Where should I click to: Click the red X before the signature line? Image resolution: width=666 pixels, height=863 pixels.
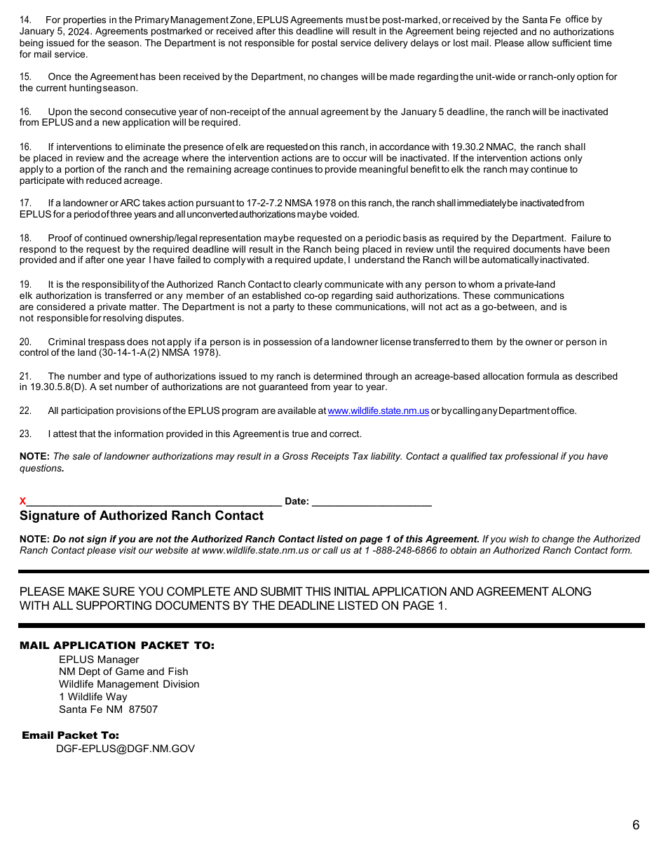(x=23, y=501)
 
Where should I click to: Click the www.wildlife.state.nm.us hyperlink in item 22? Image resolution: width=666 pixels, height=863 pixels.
(x=378, y=411)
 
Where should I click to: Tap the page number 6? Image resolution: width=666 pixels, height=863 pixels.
(x=636, y=825)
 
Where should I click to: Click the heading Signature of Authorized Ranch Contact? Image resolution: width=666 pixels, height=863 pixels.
(x=142, y=516)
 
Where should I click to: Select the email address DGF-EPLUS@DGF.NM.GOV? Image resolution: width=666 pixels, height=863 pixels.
(x=125, y=749)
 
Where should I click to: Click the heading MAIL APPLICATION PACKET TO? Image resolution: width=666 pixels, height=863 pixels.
(x=117, y=645)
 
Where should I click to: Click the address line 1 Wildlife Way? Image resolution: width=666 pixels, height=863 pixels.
(x=93, y=697)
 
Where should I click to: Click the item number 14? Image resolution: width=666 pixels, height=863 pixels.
(x=25, y=20)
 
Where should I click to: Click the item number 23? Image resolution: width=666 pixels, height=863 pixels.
(x=25, y=434)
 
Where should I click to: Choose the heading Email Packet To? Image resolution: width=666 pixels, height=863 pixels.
(x=71, y=735)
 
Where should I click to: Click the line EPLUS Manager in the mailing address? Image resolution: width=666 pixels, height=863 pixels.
(x=99, y=660)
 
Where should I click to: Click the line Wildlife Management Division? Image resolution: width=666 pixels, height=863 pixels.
(x=129, y=684)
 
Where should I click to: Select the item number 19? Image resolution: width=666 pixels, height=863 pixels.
(x=25, y=284)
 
